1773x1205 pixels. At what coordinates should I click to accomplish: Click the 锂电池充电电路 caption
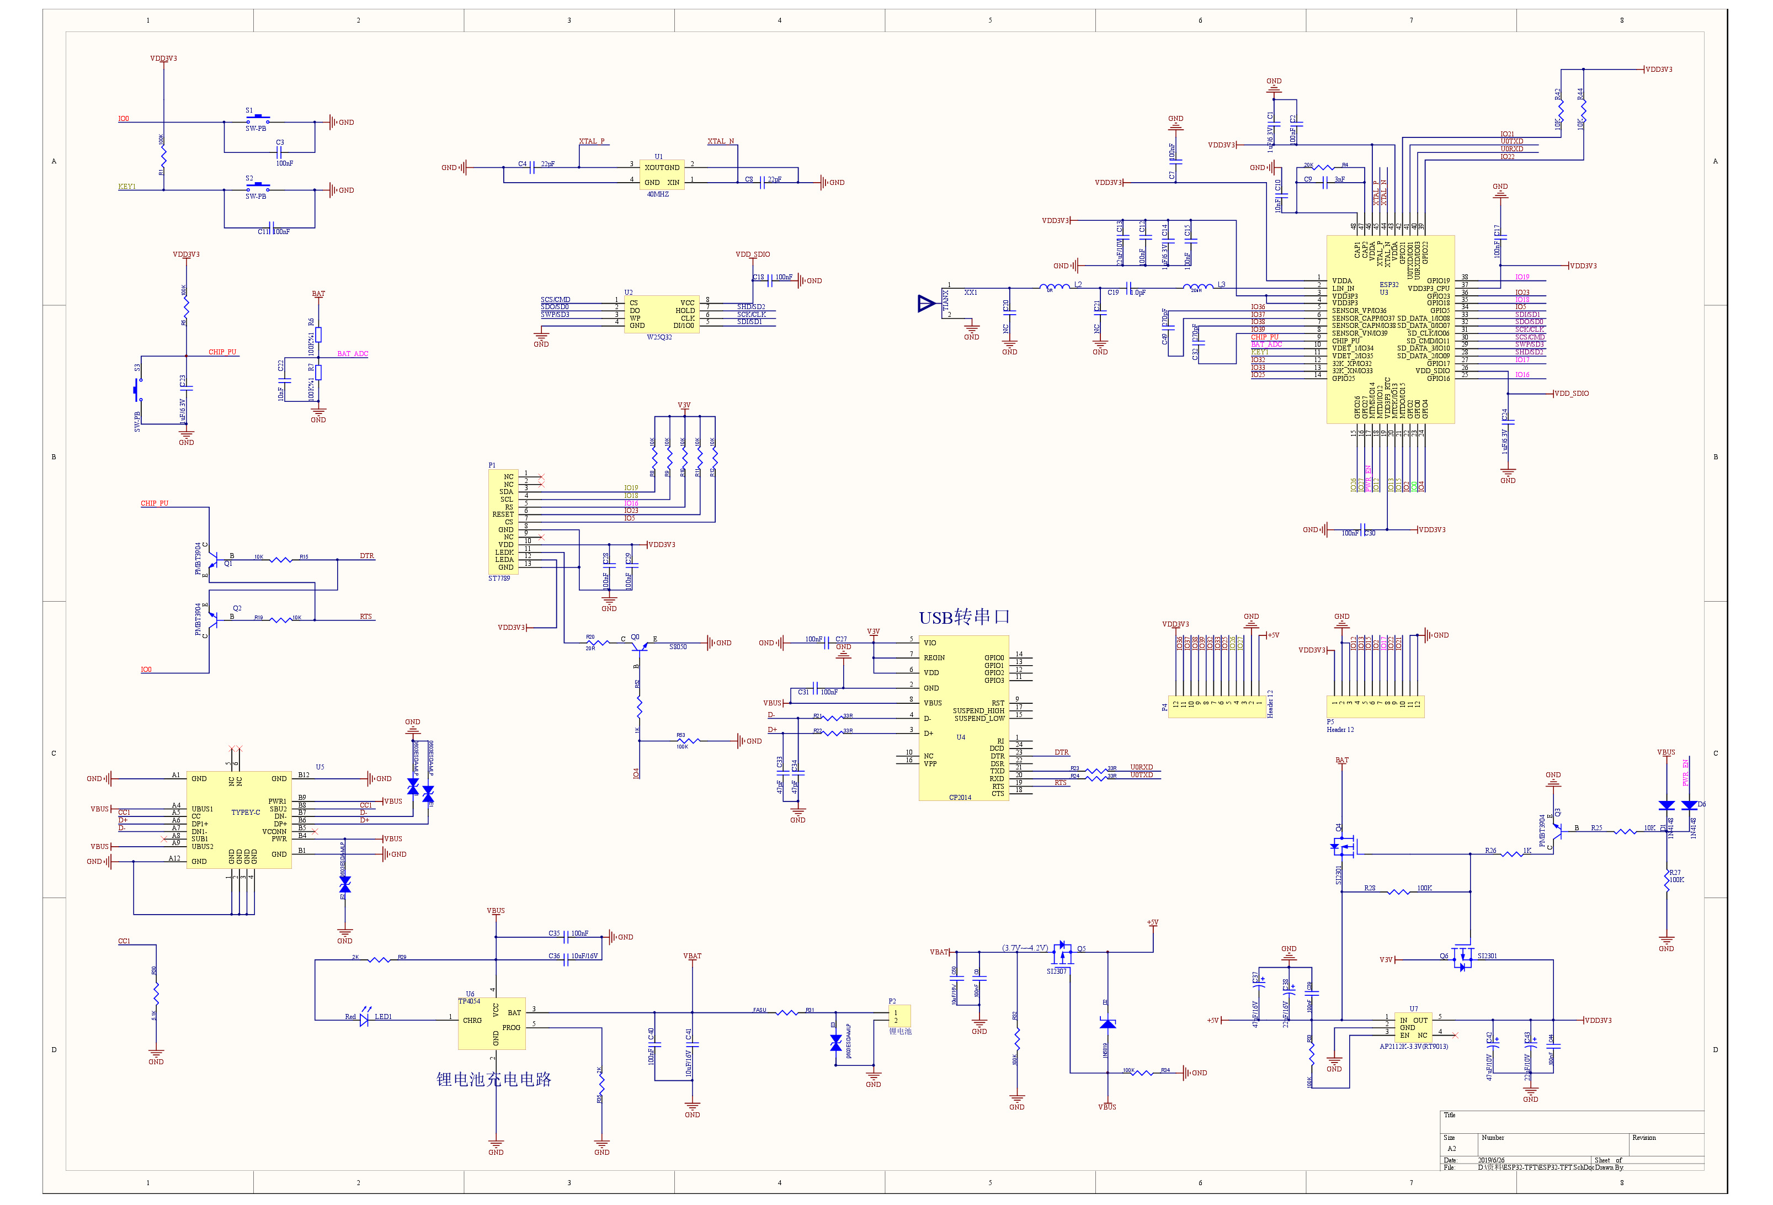[x=493, y=1079]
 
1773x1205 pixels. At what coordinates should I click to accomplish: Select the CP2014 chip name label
[x=960, y=798]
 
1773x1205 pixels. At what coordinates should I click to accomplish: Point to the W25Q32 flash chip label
[x=659, y=337]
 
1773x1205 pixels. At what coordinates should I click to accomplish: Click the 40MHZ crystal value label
[x=658, y=195]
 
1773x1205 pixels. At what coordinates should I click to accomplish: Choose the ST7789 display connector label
[x=499, y=578]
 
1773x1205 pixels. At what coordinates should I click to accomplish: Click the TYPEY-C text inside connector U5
[x=246, y=813]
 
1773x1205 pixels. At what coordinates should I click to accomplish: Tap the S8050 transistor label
[x=678, y=647]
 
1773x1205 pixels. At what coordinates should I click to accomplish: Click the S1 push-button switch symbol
[x=257, y=119]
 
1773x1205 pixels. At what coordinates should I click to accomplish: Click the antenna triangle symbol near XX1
[x=926, y=304]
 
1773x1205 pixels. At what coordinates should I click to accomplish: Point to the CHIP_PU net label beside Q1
[x=154, y=503]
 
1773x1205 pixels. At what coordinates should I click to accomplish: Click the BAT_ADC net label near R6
[x=353, y=354]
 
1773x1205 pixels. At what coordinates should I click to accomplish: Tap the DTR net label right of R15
[x=367, y=555]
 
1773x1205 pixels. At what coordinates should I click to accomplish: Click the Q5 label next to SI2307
[x=1081, y=948]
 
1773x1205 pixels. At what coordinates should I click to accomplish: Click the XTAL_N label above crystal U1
[x=720, y=141]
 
